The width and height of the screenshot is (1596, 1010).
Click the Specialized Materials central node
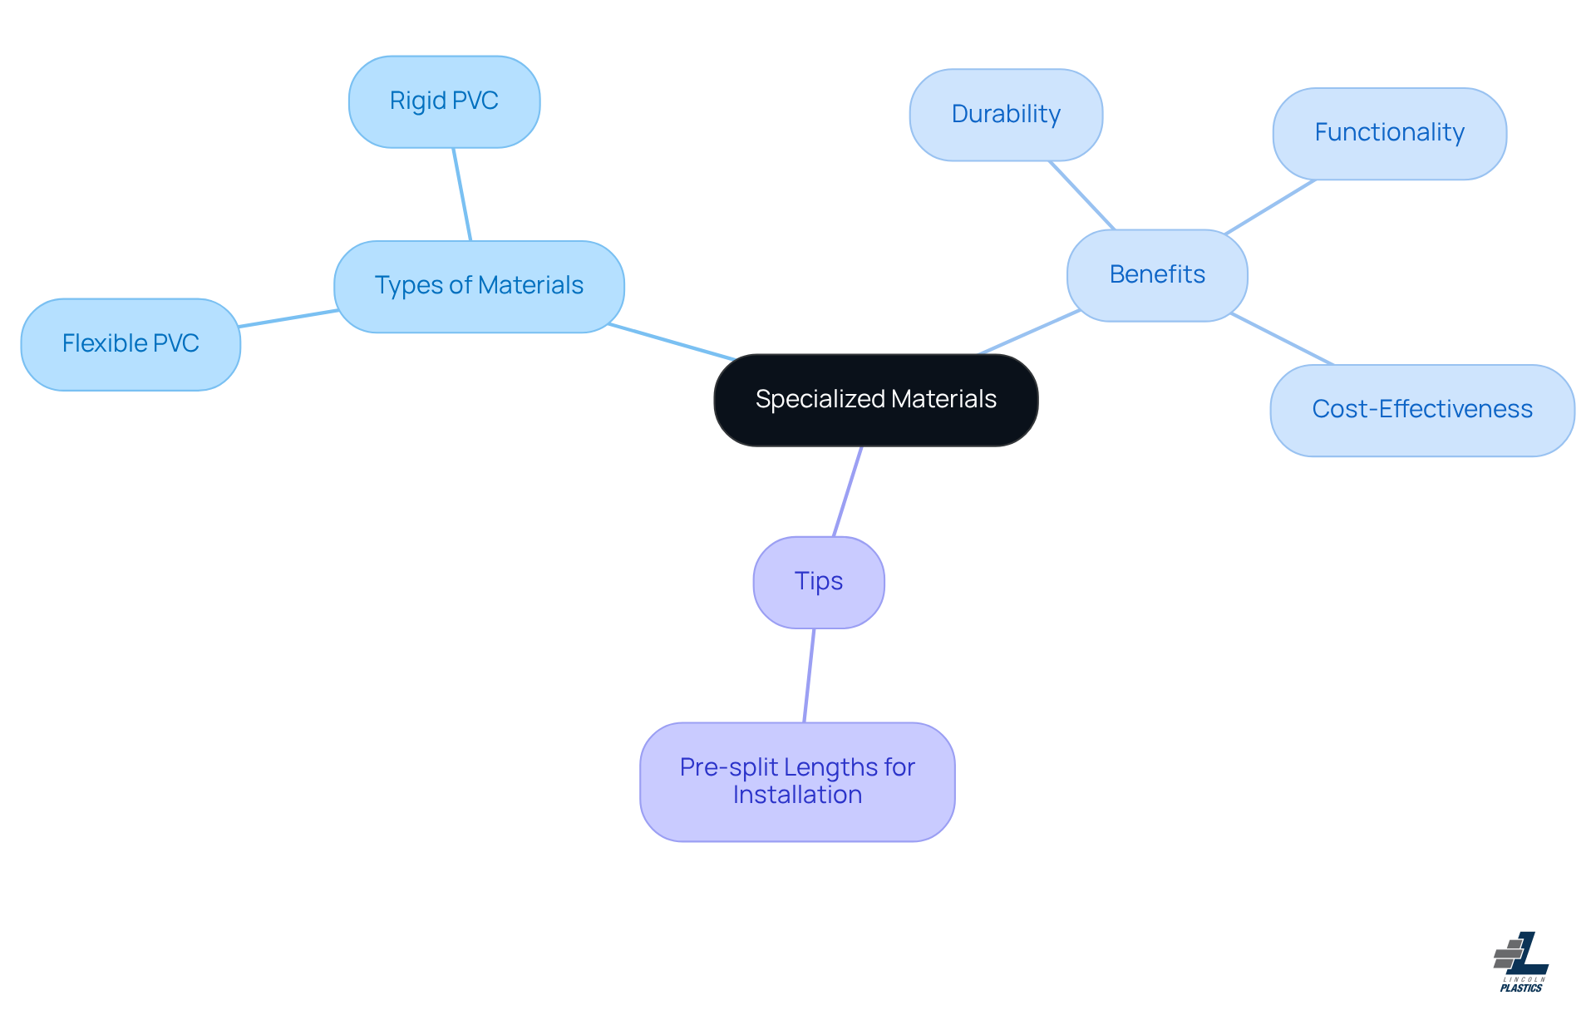click(875, 400)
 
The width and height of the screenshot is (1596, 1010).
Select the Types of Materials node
click(479, 286)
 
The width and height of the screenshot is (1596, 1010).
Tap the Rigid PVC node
click(444, 101)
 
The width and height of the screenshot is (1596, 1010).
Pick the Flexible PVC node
click(131, 344)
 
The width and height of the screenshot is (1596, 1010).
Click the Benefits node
click(1156, 275)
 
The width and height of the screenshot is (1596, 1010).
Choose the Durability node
click(1005, 115)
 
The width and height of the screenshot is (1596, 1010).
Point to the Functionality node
click(1389, 133)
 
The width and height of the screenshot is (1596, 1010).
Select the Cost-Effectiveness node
click(1421, 410)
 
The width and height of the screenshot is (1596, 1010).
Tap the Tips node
click(818, 582)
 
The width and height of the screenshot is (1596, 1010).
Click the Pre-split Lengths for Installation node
click(796, 781)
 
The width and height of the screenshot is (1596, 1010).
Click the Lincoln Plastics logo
click(1520, 962)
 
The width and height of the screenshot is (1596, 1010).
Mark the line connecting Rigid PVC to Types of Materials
click(462, 195)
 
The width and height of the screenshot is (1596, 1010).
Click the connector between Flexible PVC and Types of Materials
click(288, 318)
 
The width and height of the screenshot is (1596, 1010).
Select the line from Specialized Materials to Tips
click(848, 491)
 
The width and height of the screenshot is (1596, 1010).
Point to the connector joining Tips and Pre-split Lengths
click(809, 675)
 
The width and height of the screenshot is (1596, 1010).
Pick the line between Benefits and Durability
click(1081, 195)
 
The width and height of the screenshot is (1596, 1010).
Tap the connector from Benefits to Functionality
click(1269, 206)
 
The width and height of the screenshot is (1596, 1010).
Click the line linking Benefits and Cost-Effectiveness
click(1282, 339)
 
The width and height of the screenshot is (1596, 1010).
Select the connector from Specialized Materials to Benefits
click(1029, 333)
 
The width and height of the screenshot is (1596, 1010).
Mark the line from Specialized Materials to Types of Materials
click(672, 342)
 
